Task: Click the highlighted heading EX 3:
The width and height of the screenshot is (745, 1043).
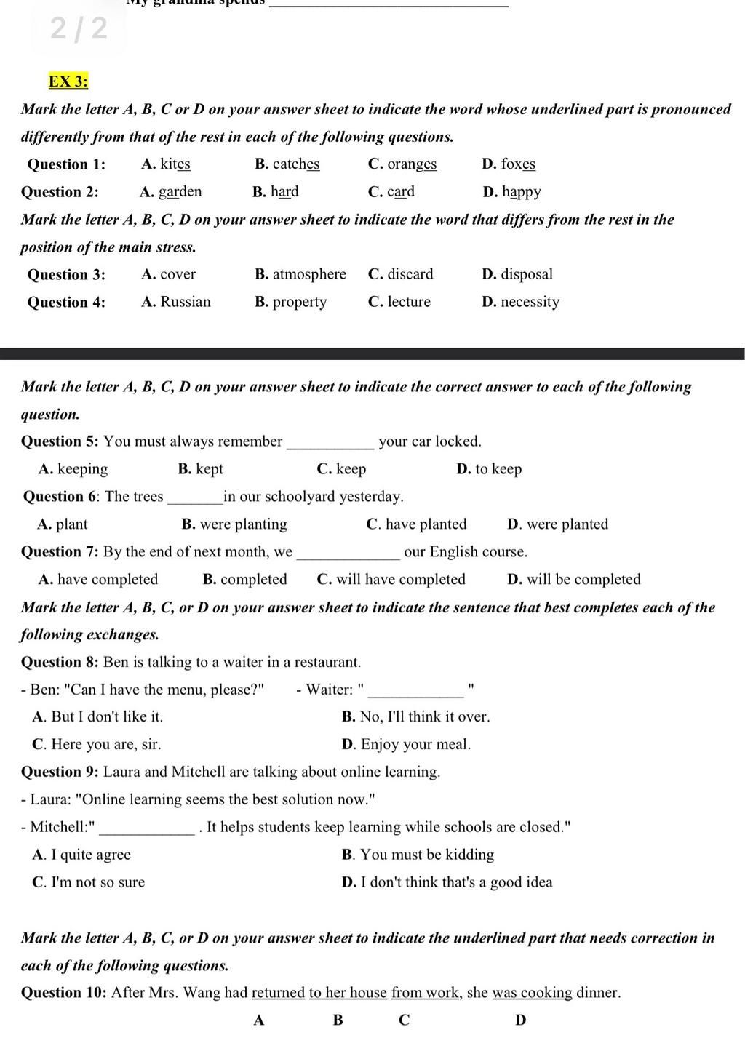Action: (x=68, y=81)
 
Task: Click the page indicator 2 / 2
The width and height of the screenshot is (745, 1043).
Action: (x=79, y=28)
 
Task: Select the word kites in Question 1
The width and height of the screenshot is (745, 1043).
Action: (x=175, y=164)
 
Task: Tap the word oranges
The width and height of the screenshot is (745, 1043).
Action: (x=412, y=164)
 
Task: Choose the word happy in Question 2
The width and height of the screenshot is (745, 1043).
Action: (x=521, y=192)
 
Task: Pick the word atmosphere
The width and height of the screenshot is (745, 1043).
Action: (x=309, y=274)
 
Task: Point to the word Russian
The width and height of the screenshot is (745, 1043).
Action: (x=186, y=302)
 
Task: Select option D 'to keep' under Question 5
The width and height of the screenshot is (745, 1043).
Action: (x=498, y=469)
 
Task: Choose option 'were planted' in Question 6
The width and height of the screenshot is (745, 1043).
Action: (x=567, y=524)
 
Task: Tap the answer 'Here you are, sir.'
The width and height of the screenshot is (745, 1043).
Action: (x=105, y=744)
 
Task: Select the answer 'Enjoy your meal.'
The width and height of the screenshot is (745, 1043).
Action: (x=415, y=744)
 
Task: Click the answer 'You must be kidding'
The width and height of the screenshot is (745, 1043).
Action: (x=427, y=855)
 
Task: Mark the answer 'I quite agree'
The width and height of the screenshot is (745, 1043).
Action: (x=91, y=855)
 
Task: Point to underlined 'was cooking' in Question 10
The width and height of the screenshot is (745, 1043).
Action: (x=533, y=993)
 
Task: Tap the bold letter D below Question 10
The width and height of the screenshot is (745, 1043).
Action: (x=520, y=1020)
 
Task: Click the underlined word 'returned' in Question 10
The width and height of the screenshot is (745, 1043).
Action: (x=278, y=993)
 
